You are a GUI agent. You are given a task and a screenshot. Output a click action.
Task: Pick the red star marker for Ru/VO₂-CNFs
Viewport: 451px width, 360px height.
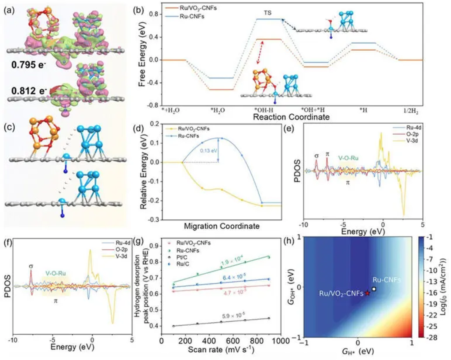[x=367, y=293]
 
